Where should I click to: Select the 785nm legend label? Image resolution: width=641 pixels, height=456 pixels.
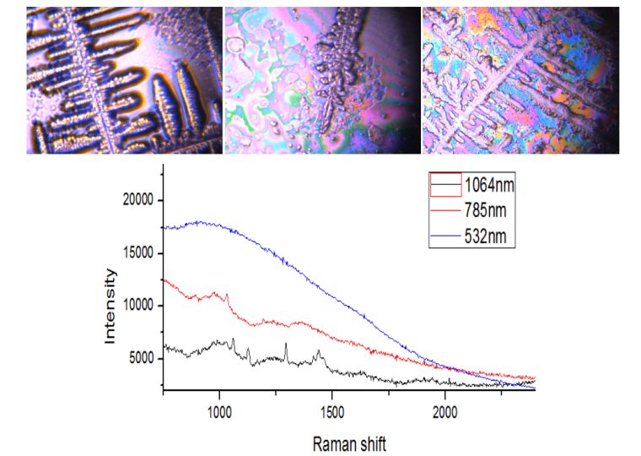point(484,209)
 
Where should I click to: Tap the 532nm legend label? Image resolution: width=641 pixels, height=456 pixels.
point(484,236)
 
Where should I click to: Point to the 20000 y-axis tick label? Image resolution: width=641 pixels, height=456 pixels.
point(135,200)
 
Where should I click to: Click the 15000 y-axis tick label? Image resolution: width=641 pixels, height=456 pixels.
point(135,252)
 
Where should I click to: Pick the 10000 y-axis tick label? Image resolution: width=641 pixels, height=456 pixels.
point(135,306)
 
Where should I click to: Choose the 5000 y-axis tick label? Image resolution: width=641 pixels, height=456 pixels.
point(138,359)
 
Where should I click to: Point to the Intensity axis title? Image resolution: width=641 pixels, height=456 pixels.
point(109,306)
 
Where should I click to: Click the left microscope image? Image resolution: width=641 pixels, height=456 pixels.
point(123,80)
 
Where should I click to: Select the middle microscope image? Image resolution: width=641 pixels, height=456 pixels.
point(321,80)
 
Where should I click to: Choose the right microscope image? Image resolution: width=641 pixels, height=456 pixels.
point(520,80)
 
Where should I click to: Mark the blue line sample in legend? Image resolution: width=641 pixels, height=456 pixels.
point(445,236)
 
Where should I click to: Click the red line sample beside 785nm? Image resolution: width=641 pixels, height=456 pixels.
point(445,209)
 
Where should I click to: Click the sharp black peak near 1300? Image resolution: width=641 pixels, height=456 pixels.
point(286,344)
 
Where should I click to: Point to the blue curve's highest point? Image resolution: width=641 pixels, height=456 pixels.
point(199,222)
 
